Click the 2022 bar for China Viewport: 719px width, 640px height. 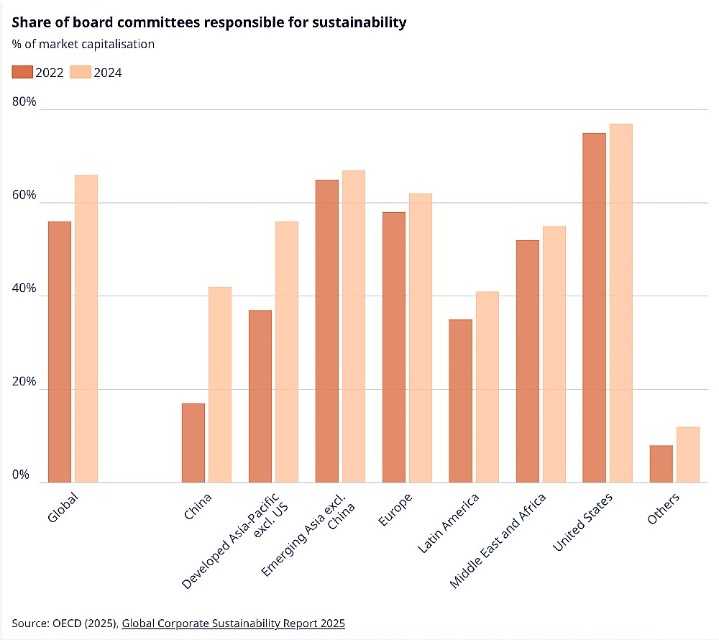193,443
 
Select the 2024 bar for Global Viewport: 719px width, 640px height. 86,329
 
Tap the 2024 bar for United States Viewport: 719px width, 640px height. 620,303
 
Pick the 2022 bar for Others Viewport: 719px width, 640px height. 661,464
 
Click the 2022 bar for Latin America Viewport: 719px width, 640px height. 461,401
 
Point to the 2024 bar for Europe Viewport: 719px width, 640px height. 421,338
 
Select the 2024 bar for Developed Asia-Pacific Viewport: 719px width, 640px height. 287,352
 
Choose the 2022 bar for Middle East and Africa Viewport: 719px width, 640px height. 528,361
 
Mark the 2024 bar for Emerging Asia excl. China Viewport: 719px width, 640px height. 354,326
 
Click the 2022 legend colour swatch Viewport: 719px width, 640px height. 22,72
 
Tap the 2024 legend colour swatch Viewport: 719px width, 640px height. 81,72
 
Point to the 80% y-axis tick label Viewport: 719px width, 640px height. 24,101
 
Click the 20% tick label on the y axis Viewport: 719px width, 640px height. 24,381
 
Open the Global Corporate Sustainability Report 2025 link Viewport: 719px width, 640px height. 233,623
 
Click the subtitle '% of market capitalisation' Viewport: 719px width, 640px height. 83,44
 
